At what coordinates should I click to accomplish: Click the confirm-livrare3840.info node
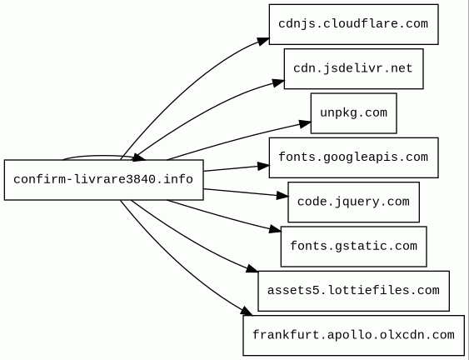104,180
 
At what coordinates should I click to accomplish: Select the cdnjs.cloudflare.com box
354,24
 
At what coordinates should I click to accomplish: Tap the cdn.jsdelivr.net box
354,69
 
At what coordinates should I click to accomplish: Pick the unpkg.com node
354,113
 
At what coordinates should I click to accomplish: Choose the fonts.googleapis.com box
354,157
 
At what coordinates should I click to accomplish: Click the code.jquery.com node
354,202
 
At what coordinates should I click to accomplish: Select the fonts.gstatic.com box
354,247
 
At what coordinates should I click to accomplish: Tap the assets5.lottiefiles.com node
354,291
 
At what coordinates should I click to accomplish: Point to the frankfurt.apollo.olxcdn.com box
354,336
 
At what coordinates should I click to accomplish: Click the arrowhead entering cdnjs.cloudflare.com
263,41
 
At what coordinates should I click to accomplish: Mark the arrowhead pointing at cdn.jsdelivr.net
278,82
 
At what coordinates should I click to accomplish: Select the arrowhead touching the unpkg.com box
305,123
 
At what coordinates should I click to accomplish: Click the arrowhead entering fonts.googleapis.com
263,166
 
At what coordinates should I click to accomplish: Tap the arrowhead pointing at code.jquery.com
282,196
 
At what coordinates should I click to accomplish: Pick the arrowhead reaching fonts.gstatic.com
275,229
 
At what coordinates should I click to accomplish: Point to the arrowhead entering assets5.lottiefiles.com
252,268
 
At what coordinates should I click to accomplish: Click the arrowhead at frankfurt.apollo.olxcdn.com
247,311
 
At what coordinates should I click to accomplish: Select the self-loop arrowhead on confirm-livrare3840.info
139,157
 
